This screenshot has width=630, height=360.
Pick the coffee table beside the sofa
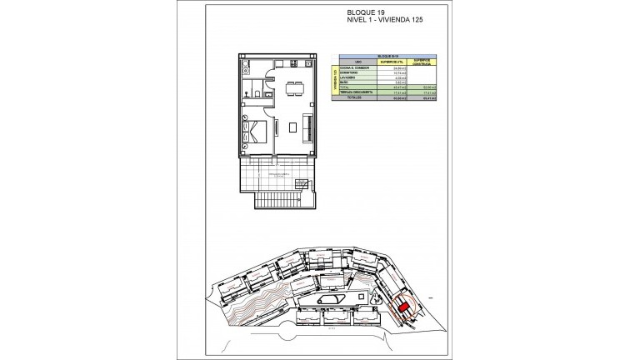tap(292, 127)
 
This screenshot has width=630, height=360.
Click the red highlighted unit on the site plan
tap(402, 307)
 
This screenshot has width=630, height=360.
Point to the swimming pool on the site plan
tap(330, 301)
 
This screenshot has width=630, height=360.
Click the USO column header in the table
tap(358, 62)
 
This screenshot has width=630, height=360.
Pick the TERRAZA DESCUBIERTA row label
tap(356, 92)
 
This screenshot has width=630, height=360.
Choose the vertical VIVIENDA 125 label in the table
tap(335, 81)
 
